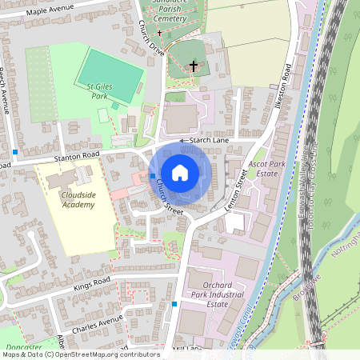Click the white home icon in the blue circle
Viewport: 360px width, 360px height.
[x=180, y=172]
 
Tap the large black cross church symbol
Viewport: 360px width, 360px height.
[x=193, y=66]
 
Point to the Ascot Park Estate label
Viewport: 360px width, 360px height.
[x=263, y=167]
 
